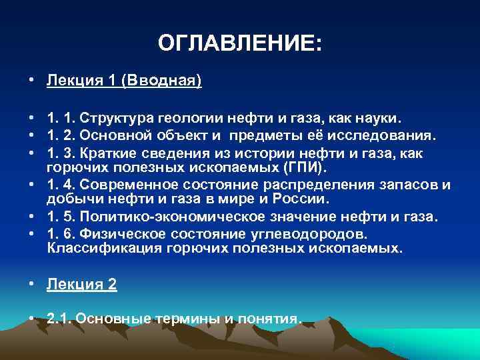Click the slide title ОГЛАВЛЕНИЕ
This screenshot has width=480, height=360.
239,44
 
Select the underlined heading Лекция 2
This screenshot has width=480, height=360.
81,284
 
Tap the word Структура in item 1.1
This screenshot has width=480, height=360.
117,118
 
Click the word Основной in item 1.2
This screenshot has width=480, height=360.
118,136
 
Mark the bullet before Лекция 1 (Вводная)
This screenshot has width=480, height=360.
32,81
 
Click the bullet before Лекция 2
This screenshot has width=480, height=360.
32,285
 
